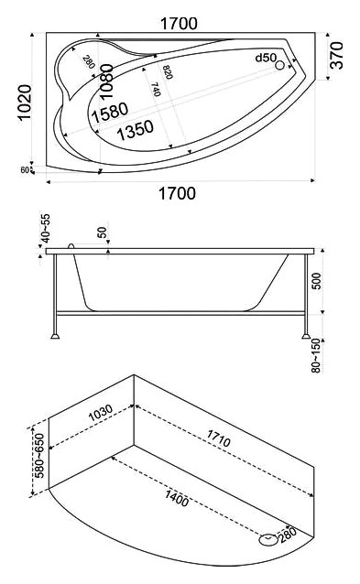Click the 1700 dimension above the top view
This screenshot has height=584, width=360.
pos(179,24)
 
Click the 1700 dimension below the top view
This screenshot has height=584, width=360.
pos(178,194)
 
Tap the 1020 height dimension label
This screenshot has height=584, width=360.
pos(25,103)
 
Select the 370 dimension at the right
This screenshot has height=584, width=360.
pos(337,56)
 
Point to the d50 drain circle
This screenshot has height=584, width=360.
pos(279,66)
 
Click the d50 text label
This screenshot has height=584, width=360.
pos(266,58)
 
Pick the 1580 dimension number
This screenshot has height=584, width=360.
pos(110,113)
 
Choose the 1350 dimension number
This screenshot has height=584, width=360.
pos(135,130)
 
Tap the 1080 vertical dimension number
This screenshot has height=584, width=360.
pos(106,81)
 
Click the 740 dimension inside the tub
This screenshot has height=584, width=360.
pos(156,90)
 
